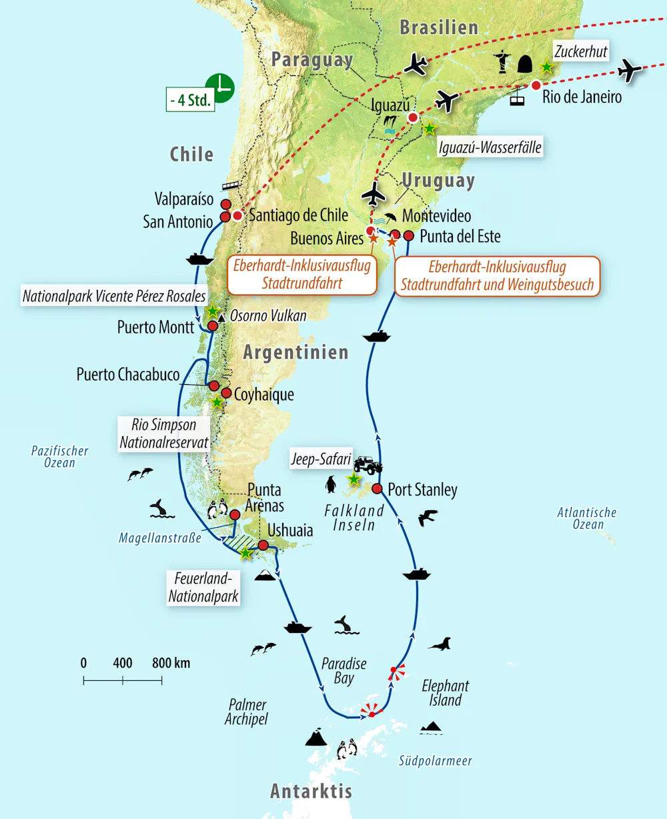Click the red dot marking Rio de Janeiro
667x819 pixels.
coord(536,85)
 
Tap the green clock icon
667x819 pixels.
coord(220,88)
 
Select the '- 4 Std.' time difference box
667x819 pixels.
coord(190,101)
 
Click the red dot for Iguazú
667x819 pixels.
coord(413,117)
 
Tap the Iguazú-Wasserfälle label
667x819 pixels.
coord(489,147)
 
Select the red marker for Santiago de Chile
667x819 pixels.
coord(237,215)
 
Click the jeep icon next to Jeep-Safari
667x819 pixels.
coord(368,464)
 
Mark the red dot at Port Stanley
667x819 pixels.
coord(377,489)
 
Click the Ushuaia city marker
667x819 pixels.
coord(263,546)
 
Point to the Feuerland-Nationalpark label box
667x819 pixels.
coord(203,587)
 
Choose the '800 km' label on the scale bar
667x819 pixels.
coord(171,663)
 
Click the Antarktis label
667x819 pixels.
coord(311,792)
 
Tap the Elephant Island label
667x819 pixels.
coord(446,693)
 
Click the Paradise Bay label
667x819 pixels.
coord(344,671)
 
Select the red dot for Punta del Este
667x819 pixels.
coord(409,235)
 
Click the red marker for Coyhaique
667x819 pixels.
coord(226,393)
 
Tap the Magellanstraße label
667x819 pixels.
coord(160,538)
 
